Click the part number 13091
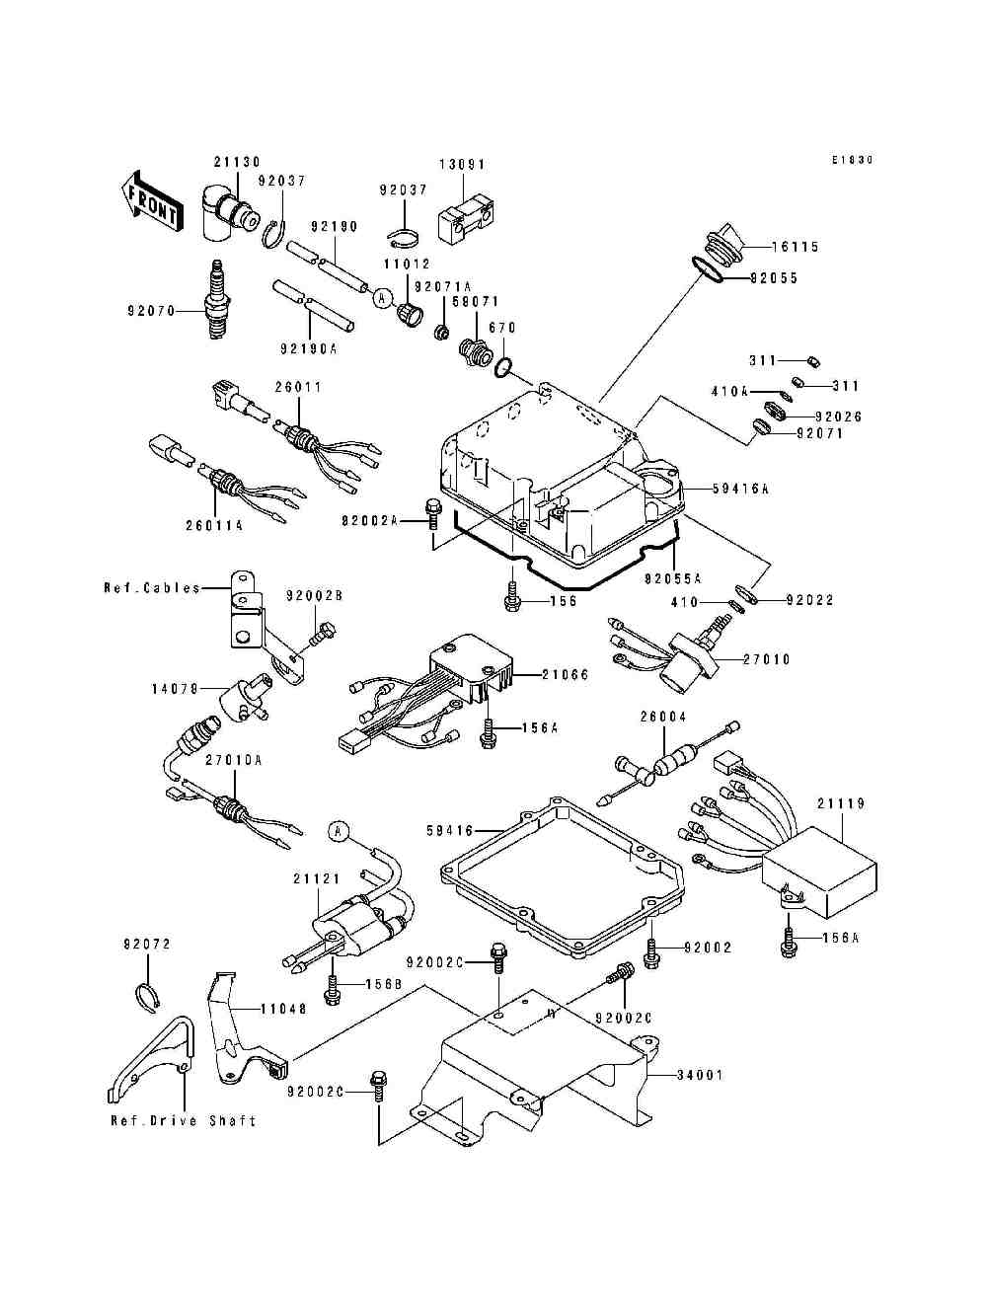pyautogui.click(x=463, y=165)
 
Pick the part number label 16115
pyautogui.click(x=796, y=248)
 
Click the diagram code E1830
pyautogui.click(x=853, y=160)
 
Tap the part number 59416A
pyautogui.click(x=739, y=489)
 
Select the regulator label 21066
pyautogui.click(x=565, y=674)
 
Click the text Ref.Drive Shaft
pyautogui.click(x=183, y=1120)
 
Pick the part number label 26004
pyautogui.click(x=662, y=718)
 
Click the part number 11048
pyautogui.click(x=283, y=1010)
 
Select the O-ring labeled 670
pyautogui.click(x=502, y=368)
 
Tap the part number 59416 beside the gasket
pyautogui.click(x=450, y=832)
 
